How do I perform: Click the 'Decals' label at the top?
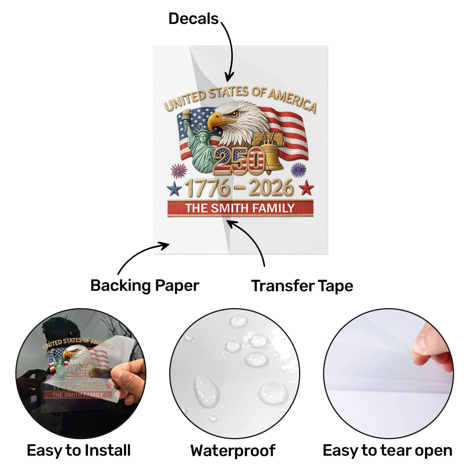[x=194, y=19]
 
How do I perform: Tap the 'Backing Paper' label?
[x=145, y=286]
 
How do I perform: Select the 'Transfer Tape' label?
[x=302, y=286]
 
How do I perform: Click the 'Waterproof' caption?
[x=233, y=451]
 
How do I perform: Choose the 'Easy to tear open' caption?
[x=387, y=451]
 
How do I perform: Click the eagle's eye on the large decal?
[x=234, y=114]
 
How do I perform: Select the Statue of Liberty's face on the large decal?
[x=203, y=138]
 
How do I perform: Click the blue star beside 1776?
[x=174, y=188]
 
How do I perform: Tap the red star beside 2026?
[x=306, y=188]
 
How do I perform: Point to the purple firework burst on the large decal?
[x=298, y=170]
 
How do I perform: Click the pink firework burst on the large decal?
[x=179, y=171]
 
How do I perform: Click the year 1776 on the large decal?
[x=207, y=188]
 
